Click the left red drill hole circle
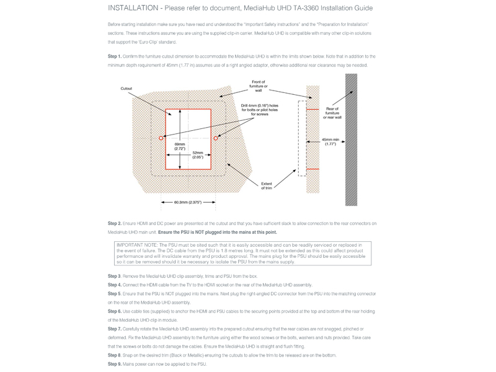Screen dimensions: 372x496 (161, 138)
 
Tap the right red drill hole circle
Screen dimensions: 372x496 (216, 138)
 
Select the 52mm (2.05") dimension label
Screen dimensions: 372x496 (198, 154)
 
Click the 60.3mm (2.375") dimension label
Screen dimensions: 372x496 (188, 202)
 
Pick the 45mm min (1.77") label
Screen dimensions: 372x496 (330, 141)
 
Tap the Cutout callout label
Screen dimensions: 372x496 (126, 89)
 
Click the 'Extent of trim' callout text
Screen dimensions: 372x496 (267, 185)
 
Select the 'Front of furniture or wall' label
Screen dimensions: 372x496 (258, 86)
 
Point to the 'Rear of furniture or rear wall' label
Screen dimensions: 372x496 (332, 113)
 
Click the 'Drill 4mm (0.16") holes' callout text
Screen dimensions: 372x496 (259, 110)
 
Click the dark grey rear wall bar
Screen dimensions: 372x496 (351, 139)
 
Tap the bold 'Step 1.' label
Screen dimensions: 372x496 (115, 56)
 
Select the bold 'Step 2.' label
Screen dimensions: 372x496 (115, 223)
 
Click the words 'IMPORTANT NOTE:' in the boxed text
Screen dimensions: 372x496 (136, 245)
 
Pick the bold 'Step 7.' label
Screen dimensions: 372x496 (115, 329)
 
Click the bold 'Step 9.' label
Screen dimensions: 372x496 (115, 364)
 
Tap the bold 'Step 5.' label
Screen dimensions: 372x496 (115, 293)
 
